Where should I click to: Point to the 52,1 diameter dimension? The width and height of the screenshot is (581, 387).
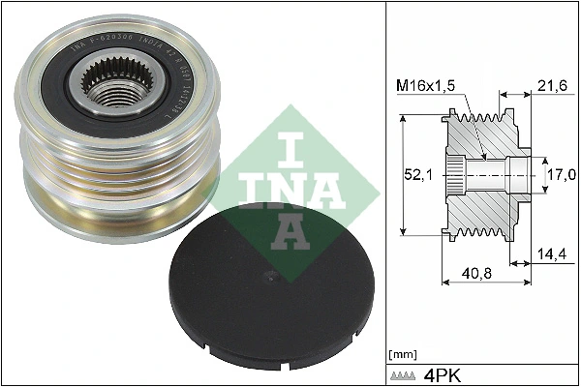pyautogui.click(x=416, y=174)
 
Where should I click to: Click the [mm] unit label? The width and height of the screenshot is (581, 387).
pyautogui.click(x=400, y=355)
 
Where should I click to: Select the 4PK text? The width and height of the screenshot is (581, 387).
pyautogui.click(x=442, y=373)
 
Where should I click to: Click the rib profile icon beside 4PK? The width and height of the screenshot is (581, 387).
pyautogui.click(x=404, y=373)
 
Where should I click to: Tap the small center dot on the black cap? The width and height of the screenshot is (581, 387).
pyautogui.click(x=274, y=278)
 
